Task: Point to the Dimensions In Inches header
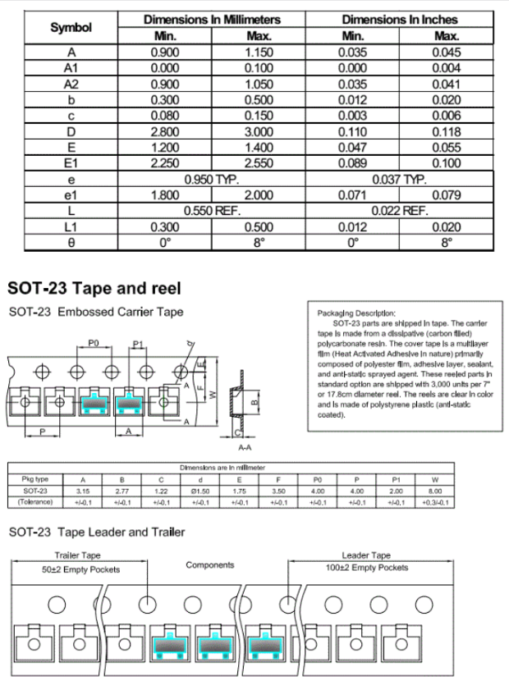400,19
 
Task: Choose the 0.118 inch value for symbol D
447,131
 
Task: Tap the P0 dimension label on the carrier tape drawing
94,345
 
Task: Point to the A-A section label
245,449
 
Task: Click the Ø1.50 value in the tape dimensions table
201,491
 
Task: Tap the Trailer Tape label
78,556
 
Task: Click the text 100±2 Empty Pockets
365,568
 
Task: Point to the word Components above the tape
210,565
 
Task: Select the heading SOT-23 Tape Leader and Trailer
96,532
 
